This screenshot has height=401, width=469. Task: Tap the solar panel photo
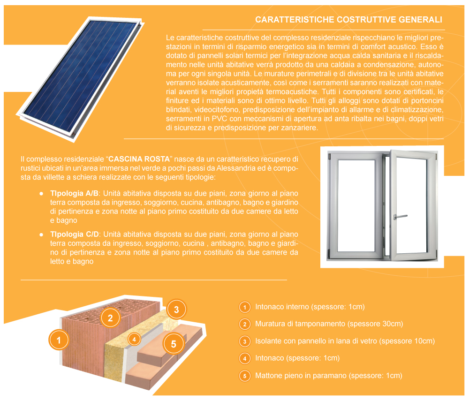[x=80, y=79]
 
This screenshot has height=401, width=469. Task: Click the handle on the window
[x=400, y=216]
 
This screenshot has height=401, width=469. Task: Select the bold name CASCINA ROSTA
[x=139, y=159]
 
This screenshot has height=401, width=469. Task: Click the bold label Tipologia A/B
[x=74, y=194]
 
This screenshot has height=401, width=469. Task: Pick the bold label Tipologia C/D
[x=75, y=235]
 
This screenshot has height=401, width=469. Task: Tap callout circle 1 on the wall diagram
[x=59, y=340]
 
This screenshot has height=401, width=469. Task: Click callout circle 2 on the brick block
[x=110, y=318]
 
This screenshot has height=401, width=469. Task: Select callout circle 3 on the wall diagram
[x=176, y=310]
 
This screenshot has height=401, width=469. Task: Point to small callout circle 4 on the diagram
[x=134, y=339]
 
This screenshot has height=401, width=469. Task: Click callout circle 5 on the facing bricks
[x=174, y=344]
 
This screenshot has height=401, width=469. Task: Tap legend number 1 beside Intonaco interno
[x=245, y=307]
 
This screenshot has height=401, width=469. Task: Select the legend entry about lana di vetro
[x=345, y=341]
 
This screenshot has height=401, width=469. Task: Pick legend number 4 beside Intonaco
[x=245, y=358]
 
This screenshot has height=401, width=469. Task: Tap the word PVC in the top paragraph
[x=219, y=119]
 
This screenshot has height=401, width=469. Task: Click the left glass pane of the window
[x=356, y=205]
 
